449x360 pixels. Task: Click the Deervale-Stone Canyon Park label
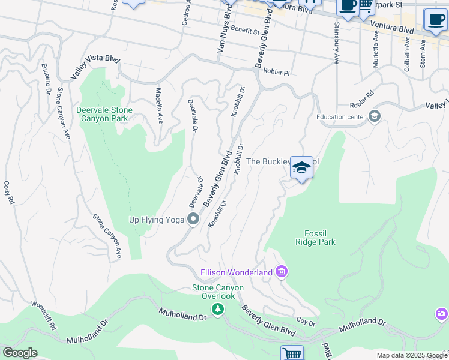click(x=104, y=114)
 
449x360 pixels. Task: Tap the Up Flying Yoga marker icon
click(x=193, y=220)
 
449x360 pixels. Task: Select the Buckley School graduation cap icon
click(x=301, y=167)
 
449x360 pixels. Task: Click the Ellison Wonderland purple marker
click(x=281, y=272)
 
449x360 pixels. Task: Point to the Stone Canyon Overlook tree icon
click(x=218, y=309)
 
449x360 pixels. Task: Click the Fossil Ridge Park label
click(x=315, y=238)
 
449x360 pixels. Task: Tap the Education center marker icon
click(x=375, y=116)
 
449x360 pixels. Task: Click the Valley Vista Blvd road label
click(x=95, y=66)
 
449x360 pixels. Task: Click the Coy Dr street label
click(x=306, y=323)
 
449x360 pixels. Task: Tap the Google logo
click(x=20, y=353)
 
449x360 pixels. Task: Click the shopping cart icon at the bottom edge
click(x=292, y=354)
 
